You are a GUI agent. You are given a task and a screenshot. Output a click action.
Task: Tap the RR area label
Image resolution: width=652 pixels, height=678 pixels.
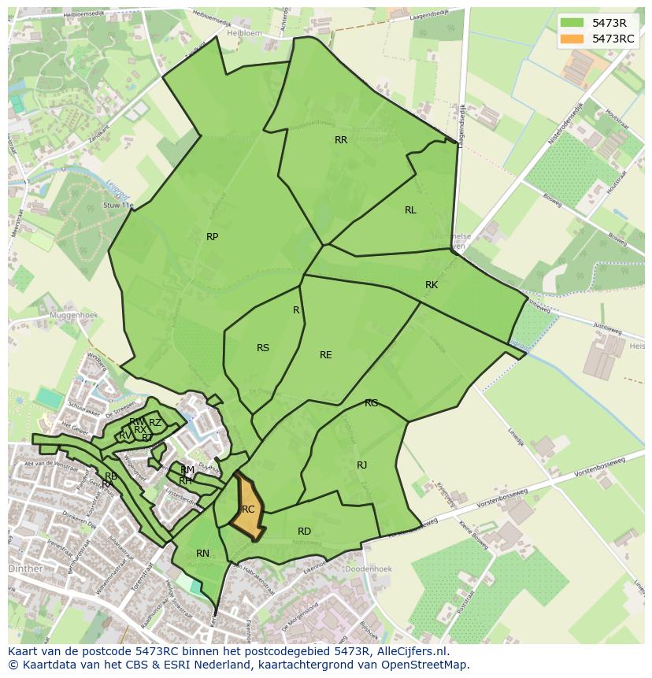341,140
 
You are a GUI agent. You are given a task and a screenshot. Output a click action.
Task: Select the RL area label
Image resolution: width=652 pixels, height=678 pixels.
410,210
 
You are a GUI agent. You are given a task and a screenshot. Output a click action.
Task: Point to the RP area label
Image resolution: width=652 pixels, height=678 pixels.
212,237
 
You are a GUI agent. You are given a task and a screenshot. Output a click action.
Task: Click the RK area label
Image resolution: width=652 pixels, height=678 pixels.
432,285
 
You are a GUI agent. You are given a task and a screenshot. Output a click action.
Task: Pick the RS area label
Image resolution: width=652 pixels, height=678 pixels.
263,348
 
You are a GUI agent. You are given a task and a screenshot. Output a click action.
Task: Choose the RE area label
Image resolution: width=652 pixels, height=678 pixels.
325,355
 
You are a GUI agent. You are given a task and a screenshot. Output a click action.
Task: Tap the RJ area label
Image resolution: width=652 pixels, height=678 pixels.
361,465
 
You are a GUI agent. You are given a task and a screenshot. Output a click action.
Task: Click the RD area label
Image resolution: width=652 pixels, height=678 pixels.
304,532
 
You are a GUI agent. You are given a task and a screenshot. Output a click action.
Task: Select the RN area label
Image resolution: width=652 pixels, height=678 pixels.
202,554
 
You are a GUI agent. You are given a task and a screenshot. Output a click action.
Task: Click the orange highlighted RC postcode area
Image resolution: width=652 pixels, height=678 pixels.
246,510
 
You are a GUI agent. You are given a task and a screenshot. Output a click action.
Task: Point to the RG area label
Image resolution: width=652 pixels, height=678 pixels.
371,403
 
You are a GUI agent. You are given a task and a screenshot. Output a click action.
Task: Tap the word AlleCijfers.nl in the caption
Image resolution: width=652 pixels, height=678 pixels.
409,651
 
